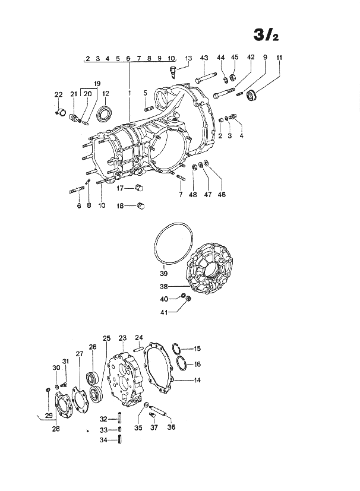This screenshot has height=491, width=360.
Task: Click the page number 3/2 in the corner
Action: click(266, 35)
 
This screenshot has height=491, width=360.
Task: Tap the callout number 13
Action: click(188, 58)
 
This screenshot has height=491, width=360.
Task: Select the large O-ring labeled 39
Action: click(173, 244)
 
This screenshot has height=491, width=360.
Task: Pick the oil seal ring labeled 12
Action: click(105, 114)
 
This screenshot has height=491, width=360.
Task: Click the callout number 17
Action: click(120, 188)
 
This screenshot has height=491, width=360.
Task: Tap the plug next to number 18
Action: click(141, 206)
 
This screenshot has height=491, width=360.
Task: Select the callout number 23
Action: click(122, 338)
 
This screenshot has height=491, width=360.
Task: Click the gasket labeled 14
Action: click(159, 368)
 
